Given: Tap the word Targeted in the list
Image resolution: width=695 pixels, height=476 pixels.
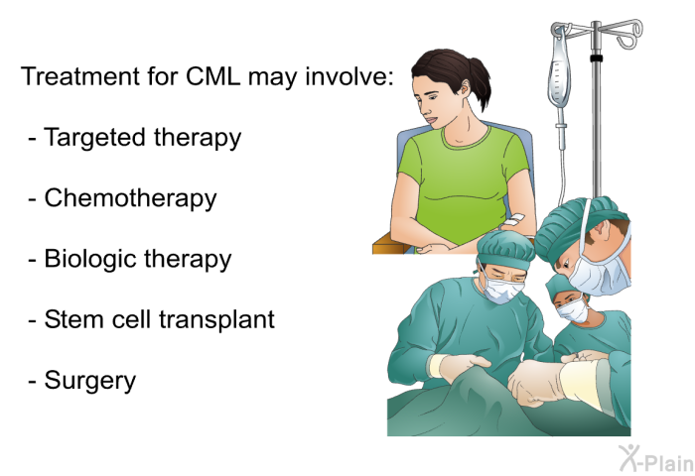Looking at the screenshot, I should click(x=94, y=137).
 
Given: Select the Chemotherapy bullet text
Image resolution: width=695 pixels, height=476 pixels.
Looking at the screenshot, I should click(x=130, y=198).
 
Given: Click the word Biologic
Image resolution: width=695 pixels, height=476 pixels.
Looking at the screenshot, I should click(x=90, y=260).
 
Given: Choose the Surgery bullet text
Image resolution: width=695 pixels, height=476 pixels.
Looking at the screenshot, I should click(x=90, y=381).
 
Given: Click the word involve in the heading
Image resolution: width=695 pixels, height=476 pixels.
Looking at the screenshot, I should click(x=349, y=76).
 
